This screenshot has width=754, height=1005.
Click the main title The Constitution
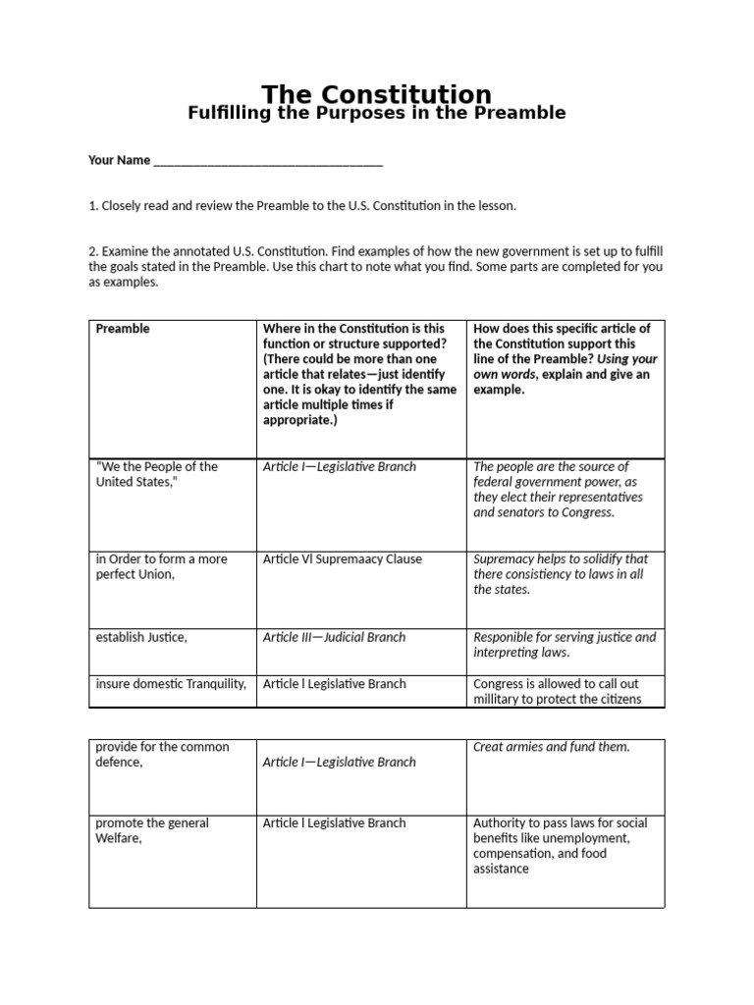pos(376,94)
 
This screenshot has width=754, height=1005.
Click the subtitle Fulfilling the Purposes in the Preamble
pos(376,113)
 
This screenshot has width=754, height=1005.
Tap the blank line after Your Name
pos(267,161)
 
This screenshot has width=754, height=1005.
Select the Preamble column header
pos(123,329)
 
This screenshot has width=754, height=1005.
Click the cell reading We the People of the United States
pos(157,474)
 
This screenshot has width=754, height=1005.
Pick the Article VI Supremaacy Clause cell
pos(342,559)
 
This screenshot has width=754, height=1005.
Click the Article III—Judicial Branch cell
pos(334,638)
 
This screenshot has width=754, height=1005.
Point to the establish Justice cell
pos(141,638)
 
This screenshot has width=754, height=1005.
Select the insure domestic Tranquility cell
pos(171,684)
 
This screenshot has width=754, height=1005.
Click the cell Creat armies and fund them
pos(551,747)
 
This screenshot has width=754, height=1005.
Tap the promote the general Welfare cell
pos(152,830)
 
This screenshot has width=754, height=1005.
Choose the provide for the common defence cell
pos(162,755)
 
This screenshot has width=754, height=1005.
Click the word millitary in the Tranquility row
pos(500,699)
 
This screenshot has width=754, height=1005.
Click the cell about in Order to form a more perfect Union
pos(161,566)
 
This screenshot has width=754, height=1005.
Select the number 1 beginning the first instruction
pos(92,206)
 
